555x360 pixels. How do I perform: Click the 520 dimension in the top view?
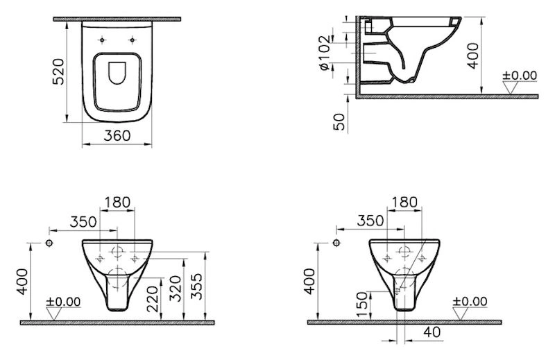point(58,71)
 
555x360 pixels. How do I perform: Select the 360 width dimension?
point(117,135)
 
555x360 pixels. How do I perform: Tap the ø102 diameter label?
point(325,53)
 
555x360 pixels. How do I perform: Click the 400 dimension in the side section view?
point(472,55)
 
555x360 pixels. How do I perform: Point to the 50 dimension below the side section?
point(339,122)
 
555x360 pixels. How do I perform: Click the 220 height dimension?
point(153,299)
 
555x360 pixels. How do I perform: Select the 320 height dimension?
point(175,289)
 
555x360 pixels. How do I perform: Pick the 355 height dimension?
point(197,286)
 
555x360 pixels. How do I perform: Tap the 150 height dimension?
point(361,305)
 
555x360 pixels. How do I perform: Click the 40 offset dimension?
point(432,332)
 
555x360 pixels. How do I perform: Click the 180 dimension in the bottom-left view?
point(117,202)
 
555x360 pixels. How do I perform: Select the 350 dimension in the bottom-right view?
point(370,221)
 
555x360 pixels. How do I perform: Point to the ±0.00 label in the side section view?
point(520,76)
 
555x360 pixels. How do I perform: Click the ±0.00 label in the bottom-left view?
point(63,302)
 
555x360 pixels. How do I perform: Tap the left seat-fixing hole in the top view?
point(102,40)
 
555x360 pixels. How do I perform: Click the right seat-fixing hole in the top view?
point(133,40)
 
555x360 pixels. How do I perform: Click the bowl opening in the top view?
point(117,74)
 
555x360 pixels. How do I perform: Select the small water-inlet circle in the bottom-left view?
point(49,243)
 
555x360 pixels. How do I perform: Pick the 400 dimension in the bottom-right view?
point(309,282)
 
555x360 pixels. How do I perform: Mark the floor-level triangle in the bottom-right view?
point(461,314)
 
